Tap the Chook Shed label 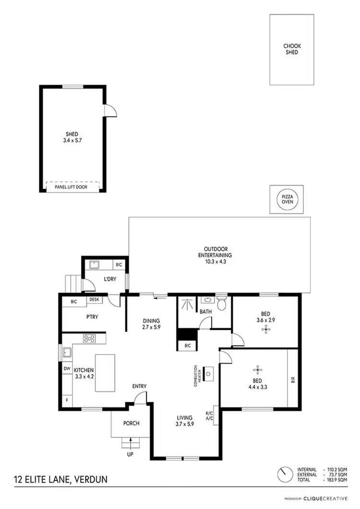291,49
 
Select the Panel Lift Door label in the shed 73,187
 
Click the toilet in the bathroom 221,304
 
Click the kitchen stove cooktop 89,339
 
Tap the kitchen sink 66,353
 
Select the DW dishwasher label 67,369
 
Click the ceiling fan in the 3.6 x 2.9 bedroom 265,329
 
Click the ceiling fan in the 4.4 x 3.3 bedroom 258,370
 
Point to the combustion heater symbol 209,373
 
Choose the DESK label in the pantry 94,300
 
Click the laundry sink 94,264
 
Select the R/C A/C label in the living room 209,415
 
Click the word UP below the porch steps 130,454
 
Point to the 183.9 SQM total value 337,480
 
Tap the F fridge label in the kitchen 67,400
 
